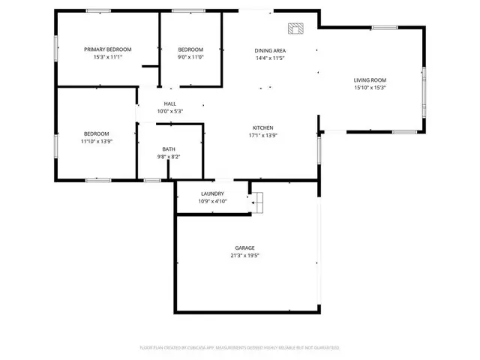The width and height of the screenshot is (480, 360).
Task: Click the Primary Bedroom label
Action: pos(107,49)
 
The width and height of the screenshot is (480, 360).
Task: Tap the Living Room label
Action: pos(370,80)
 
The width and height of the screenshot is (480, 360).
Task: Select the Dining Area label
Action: pos(270,50)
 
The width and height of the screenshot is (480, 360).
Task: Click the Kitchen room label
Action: pos(262,128)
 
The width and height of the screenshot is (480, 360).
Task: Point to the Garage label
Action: pos(245,248)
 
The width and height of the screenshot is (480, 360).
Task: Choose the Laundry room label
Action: pos(213,194)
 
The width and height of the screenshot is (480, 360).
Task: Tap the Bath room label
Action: pos(169,149)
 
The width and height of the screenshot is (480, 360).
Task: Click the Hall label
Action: pos(170,104)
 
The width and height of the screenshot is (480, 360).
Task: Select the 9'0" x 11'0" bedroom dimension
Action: pos(190,57)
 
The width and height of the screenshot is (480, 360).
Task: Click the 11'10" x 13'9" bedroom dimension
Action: pos(97,141)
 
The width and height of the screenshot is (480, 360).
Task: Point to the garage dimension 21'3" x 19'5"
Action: pos(245,256)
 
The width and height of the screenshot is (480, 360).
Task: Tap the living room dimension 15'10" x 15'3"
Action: pos(370,87)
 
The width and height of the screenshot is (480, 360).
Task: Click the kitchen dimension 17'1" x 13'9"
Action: pos(262,136)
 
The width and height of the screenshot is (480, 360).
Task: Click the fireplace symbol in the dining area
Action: pos(295,29)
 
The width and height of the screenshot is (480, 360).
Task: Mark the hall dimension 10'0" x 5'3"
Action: pos(170,112)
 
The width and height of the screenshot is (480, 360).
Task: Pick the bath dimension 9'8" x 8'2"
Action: pos(169,157)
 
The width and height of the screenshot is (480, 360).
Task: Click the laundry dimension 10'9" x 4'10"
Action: pos(213,201)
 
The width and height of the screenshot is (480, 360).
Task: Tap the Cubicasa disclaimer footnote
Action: pos(240,348)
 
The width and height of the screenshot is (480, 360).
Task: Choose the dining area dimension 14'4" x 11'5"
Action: pos(270,58)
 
